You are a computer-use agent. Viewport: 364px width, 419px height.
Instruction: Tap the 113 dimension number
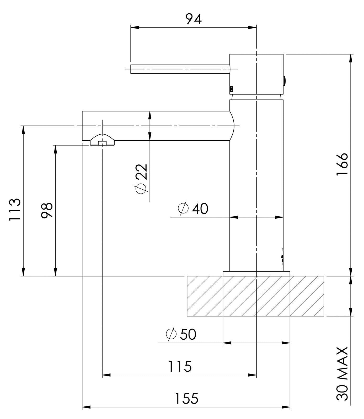(15, 210)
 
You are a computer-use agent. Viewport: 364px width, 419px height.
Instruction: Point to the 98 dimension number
(47, 210)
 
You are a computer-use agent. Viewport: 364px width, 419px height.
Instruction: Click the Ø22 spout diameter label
(141, 179)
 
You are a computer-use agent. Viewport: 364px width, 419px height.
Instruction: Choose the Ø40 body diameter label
(193, 208)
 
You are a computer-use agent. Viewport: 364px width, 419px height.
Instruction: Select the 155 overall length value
(186, 399)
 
